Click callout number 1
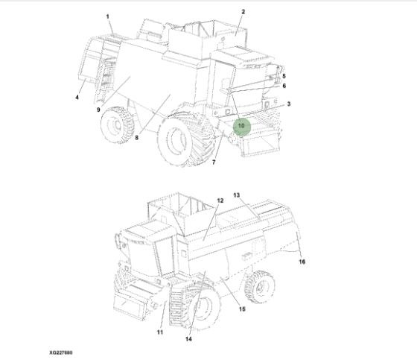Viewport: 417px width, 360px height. coord(108,17)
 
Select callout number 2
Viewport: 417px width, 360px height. coord(243,12)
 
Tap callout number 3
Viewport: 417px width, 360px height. coord(289,104)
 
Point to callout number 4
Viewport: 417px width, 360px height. coord(77,98)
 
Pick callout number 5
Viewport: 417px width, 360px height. coord(284,76)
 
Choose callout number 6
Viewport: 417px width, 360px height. coord(284,86)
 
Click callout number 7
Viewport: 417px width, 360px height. coord(214,162)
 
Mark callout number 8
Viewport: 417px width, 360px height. coord(137,138)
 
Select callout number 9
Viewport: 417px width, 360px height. coord(98,110)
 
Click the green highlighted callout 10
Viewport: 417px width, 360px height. coord(241,126)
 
